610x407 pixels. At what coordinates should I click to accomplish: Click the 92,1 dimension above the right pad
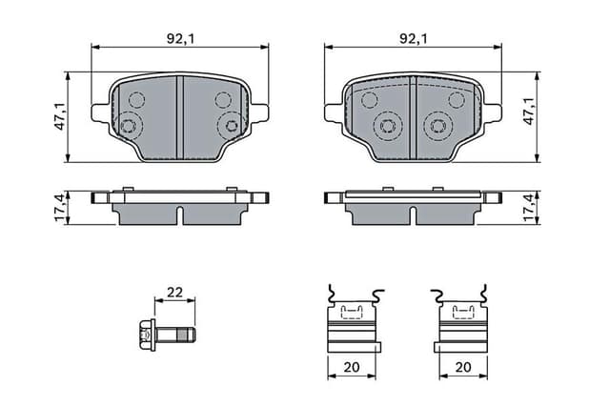413,39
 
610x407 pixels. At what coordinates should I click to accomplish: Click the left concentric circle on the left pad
130,125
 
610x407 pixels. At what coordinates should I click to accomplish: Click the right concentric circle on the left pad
229,125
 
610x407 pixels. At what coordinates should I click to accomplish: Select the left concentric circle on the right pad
387,125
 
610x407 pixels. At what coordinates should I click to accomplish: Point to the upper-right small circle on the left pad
223,99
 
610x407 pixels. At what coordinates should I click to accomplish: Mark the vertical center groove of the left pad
179,116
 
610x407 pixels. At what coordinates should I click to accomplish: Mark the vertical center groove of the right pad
413,116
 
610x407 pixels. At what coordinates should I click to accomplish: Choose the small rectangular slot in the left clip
353,310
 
